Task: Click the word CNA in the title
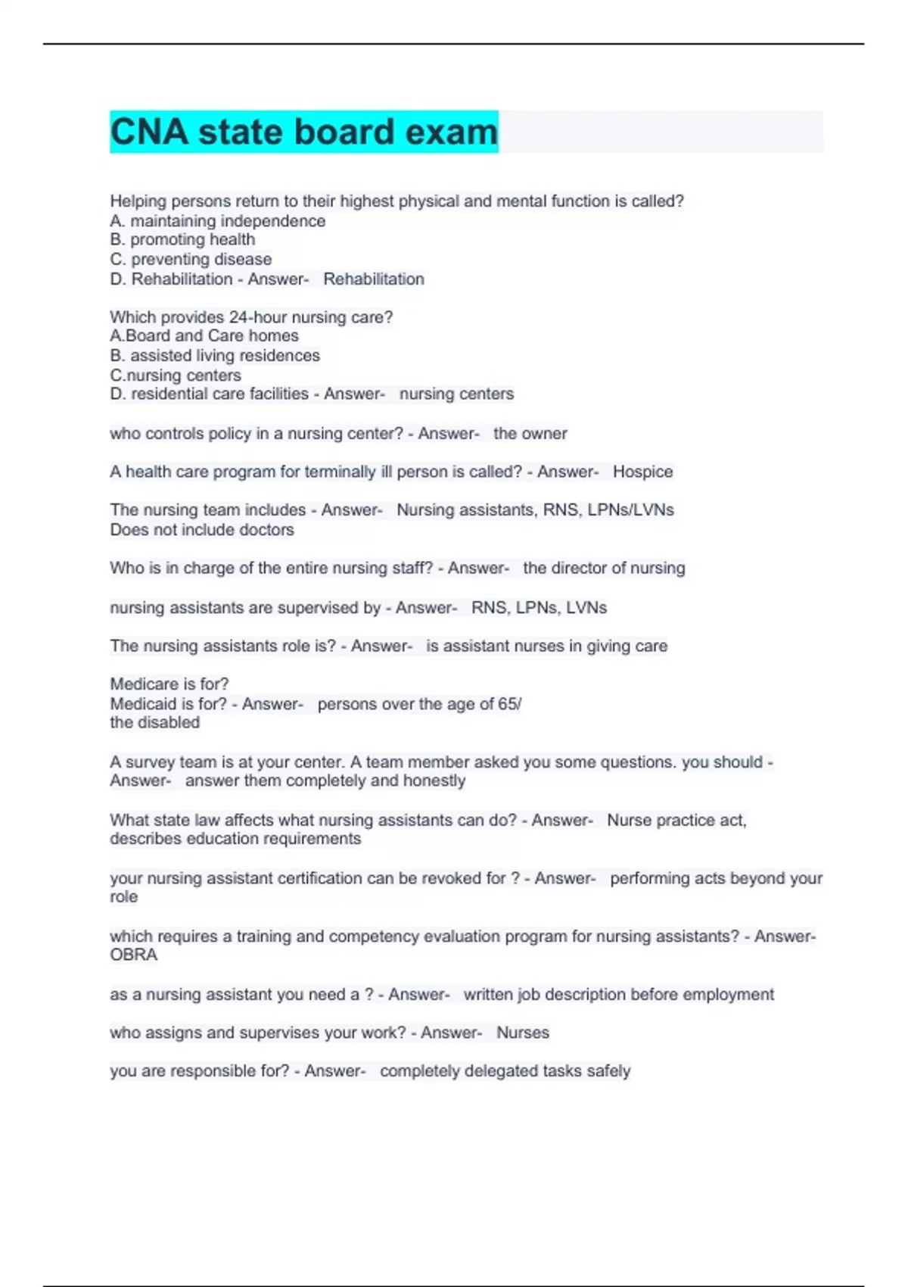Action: [x=149, y=132]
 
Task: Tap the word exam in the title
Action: [x=451, y=132]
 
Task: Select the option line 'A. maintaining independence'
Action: [x=218, y=221]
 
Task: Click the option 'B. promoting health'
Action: [x=182, y=240]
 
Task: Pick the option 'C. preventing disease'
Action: [x=191, y=260]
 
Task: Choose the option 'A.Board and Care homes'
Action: [x=204, y=336]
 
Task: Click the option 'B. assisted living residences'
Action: [x=215, y=356]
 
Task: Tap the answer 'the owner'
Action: [x=530, y=434]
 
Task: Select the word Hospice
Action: [x=642, y=472]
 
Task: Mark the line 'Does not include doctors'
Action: [x=202, y=530]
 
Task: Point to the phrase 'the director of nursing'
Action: [x=604, y=569]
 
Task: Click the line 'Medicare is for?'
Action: [x=169, y=684]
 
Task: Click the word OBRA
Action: [x=134, y=955]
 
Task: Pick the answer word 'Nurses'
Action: [x=523, y=1033]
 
